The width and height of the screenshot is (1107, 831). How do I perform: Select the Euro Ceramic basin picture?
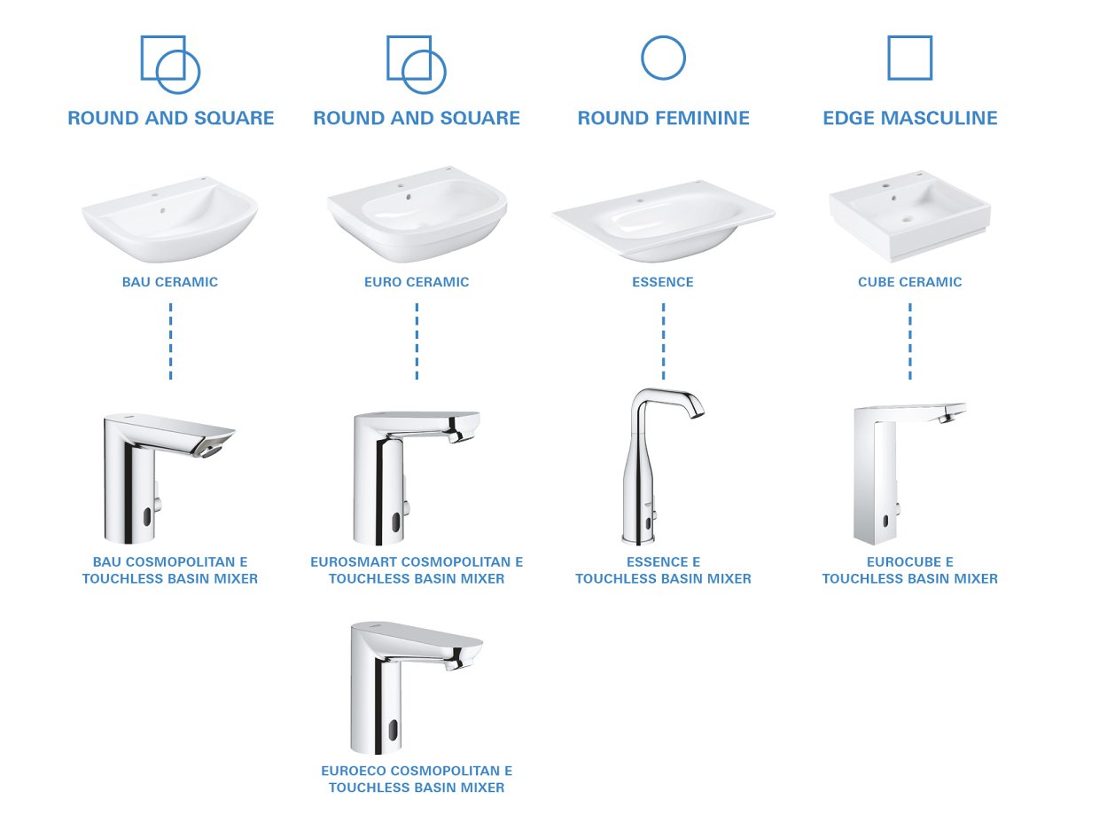417,217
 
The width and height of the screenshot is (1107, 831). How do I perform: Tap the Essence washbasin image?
663,222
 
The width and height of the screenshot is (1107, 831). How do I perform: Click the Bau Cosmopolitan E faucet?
160,475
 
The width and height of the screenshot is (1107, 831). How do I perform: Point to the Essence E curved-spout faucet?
657,466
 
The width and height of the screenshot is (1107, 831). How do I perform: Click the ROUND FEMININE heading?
663,118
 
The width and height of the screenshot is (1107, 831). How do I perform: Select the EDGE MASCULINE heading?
909,118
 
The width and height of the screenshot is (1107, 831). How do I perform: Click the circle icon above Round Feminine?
663,59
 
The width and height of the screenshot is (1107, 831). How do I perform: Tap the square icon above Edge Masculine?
909,59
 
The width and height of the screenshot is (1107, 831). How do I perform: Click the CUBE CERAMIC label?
909,282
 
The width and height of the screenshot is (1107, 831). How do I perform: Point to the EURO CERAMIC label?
417,282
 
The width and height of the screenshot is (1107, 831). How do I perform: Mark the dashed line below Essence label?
663,341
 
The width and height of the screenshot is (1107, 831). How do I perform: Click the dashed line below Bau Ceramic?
170,341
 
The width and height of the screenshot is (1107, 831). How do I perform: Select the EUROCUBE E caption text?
909,561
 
